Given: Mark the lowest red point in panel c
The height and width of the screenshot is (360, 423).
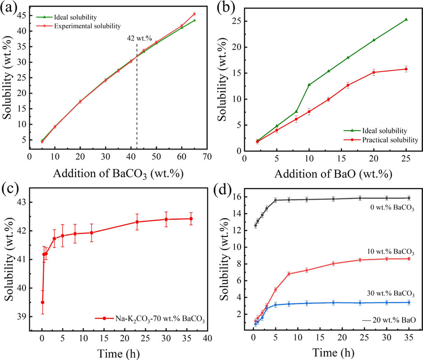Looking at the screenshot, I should (42, 302).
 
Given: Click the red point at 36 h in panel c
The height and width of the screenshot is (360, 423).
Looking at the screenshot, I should (191, 219).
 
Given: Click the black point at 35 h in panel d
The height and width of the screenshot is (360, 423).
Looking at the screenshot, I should (409, 198).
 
